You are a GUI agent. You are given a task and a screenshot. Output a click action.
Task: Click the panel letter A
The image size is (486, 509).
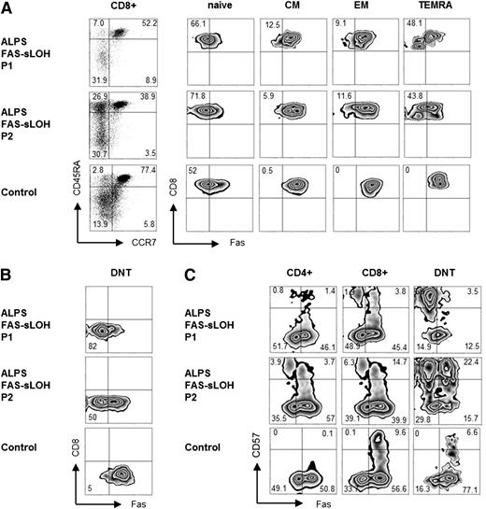(7, 8)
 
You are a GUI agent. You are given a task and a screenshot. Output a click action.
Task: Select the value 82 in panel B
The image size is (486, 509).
(91, 347)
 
